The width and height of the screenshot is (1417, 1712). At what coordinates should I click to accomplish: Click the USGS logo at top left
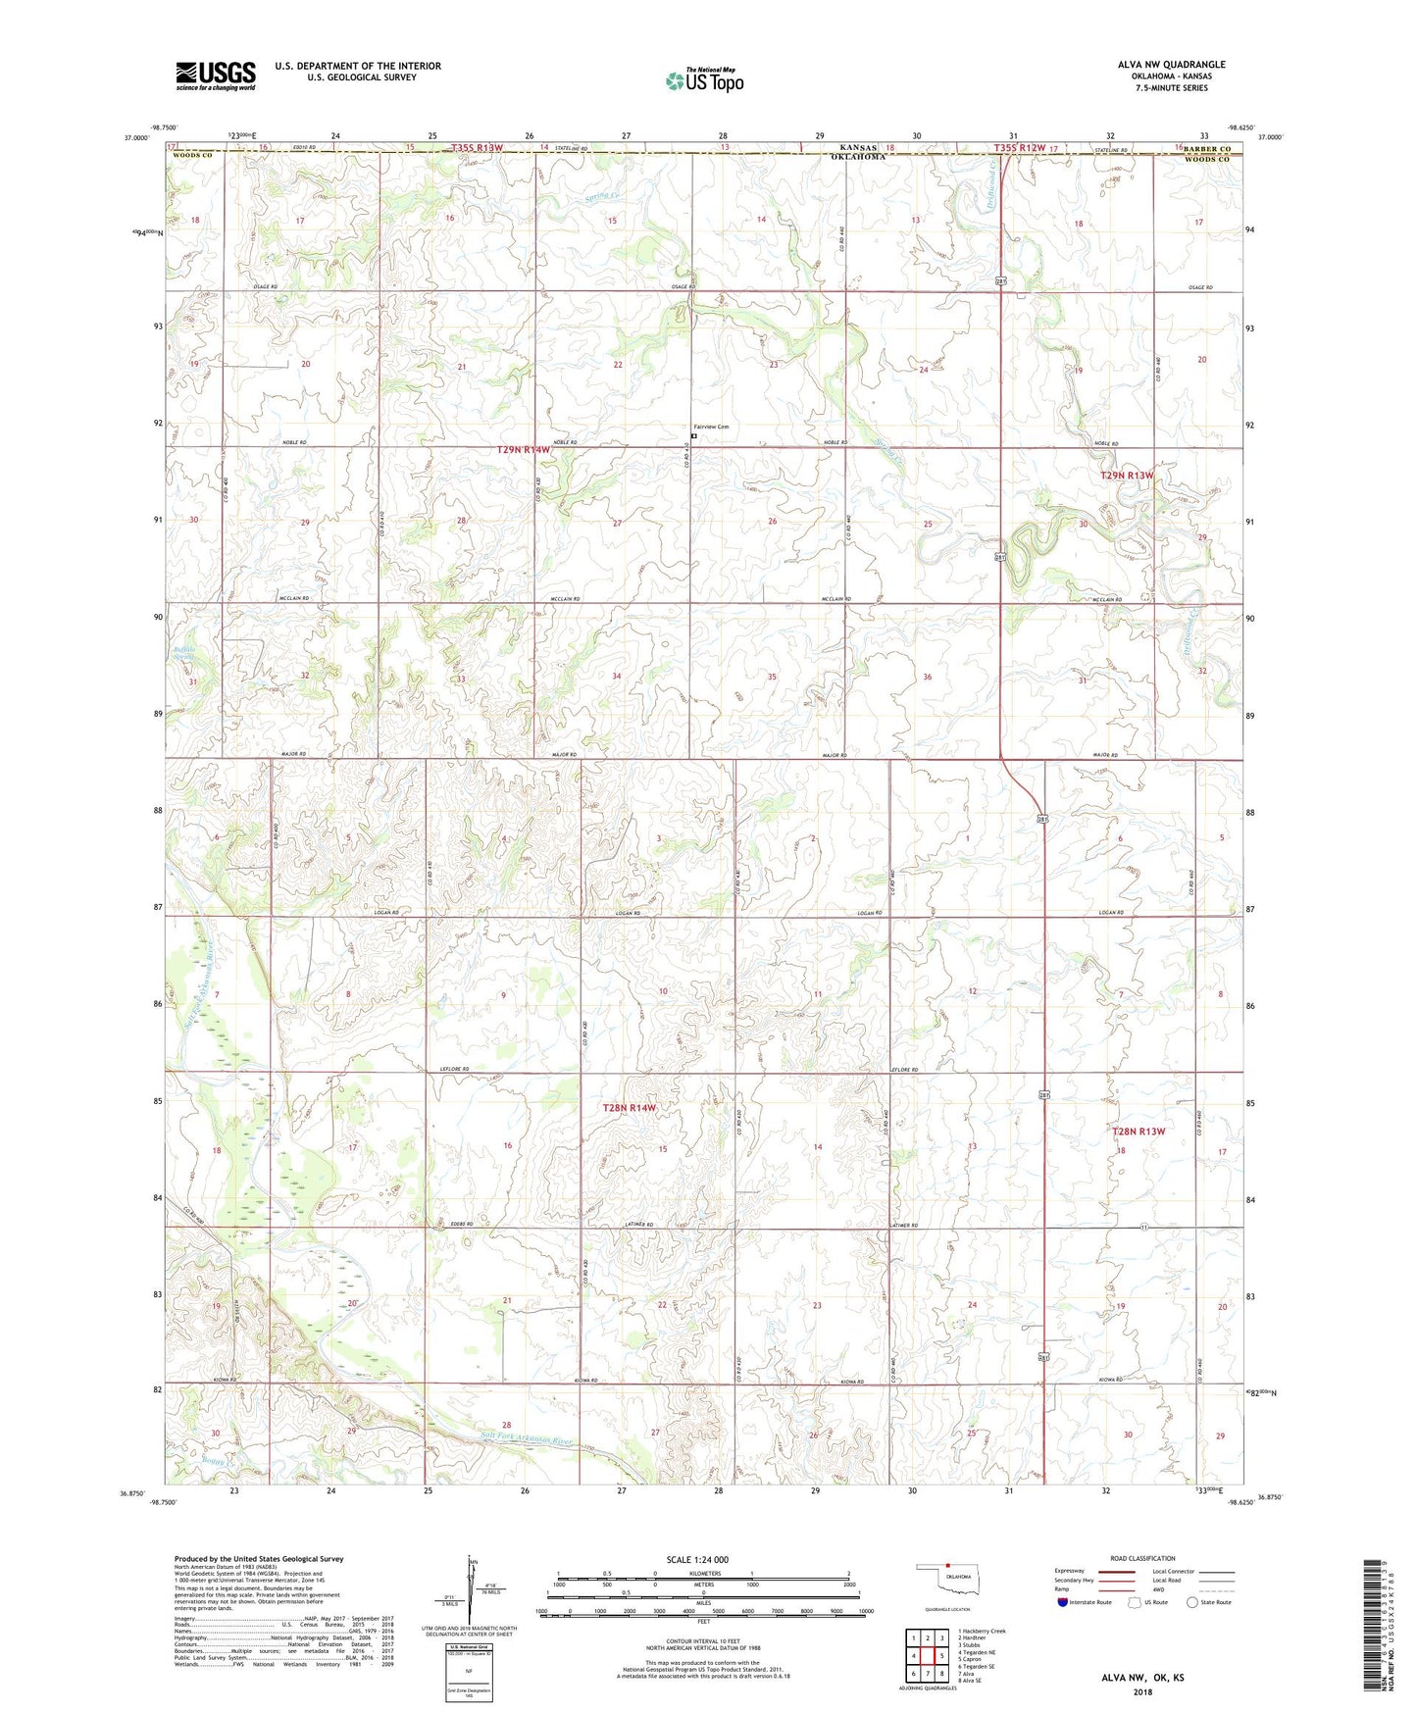pyautogui.click(x=216, y=76)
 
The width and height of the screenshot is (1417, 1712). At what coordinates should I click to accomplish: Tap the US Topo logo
pyautogui.click(x=704, y=80)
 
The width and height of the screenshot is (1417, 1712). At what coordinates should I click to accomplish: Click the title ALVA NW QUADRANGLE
pyautogui.click(x=1171, y=65)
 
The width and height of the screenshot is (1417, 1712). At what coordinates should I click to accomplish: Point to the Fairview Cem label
pyautogui.click(x=711, y=427)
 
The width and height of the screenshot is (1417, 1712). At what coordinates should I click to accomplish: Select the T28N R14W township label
pyautogui.click(x=629, y=1107)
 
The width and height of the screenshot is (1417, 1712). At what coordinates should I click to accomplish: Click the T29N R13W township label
pyautogui.click(x=1127, y=475)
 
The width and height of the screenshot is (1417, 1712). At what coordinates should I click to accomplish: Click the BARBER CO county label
pyautogui.click(x=1213, y=148)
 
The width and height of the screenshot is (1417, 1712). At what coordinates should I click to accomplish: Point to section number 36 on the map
pyautogui.click(x=927, y=677)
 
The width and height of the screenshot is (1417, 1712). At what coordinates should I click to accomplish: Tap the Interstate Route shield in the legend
pyautogui.click(x=1064, y=1602)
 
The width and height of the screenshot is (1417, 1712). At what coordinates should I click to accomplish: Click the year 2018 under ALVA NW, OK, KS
pyautogui.click(x=1142, y=1691)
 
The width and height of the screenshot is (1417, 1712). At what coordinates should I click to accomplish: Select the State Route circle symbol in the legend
pyautogui.click(x=1192, y=1602)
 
